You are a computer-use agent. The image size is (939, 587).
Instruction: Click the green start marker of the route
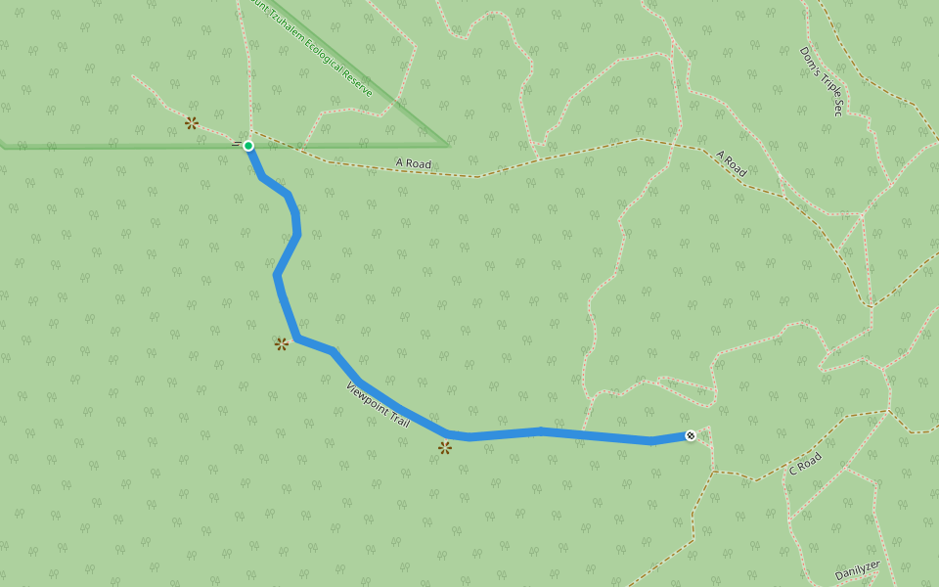pos(248,146)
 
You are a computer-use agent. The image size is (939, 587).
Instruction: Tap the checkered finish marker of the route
pos(691,435)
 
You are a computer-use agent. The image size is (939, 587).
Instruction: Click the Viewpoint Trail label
pos(378,402)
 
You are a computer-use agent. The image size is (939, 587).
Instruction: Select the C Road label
pos(805,464)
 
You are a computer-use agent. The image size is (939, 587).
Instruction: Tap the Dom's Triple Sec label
pos(821,80)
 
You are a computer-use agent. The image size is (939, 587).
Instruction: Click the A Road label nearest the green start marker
pos(413,163)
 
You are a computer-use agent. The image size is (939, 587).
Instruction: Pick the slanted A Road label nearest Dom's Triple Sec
pos(732,163)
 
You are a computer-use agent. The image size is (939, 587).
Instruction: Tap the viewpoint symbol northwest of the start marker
pos(192,122)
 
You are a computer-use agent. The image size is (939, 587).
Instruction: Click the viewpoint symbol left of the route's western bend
pos(282,343)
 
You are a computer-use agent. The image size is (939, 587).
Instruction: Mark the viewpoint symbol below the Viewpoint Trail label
pos(445,447)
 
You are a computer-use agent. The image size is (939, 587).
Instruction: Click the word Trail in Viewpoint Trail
pos(398,417)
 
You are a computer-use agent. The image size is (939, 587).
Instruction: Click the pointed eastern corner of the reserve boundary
pos(447,145)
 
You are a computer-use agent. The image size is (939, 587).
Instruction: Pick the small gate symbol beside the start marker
pos(236,144)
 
